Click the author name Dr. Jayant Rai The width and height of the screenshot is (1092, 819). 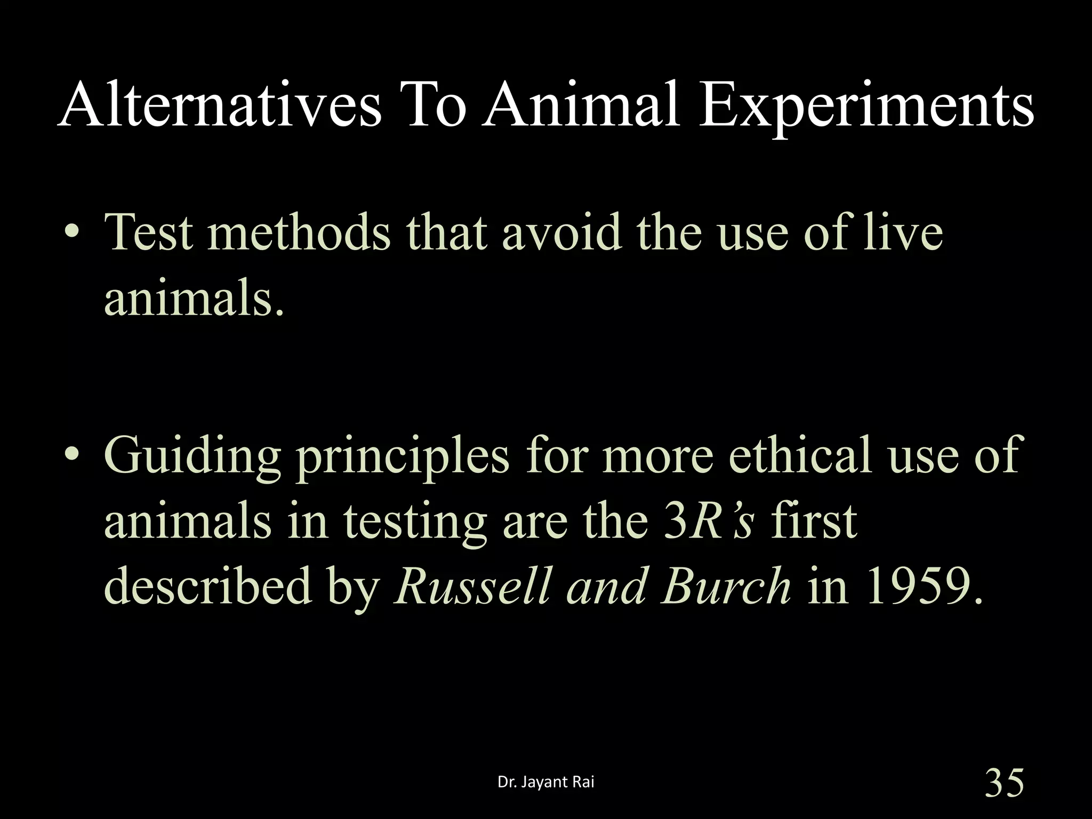click(545, 782)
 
